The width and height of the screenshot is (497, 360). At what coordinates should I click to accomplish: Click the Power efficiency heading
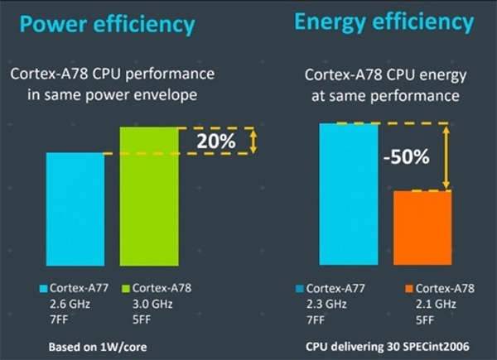click(x=108, y=26)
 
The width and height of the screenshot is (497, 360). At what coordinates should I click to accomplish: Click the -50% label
click(x=407, y=156)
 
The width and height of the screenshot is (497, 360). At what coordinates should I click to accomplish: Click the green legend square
click(x=126, y=288)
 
